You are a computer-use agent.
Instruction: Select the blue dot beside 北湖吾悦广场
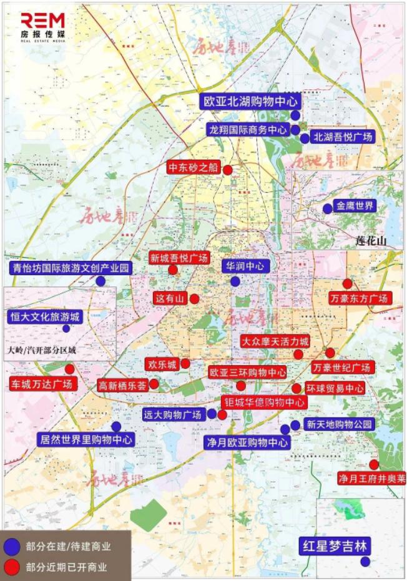click(x=305, y=139)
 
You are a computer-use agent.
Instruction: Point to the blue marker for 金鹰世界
click(x=328, y=208)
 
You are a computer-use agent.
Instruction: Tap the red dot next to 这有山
click(x=195, y=299)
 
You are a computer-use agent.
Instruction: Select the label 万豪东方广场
click(x=359, y=298)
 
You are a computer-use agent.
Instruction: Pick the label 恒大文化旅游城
click(x=45, y=316)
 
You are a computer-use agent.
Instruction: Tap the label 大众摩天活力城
click(x=275, y=341)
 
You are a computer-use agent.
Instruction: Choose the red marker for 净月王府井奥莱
click(x=374, y=464)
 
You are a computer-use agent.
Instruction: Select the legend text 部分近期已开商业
click(x=66, y=567)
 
